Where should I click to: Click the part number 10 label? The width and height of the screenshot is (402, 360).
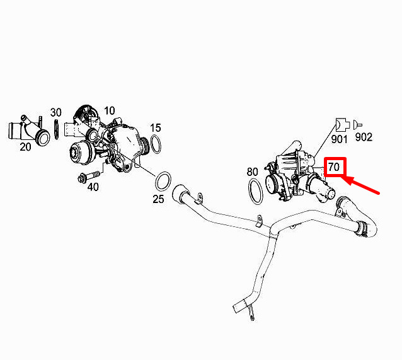[110, 111]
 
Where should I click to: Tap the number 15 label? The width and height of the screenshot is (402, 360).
[156, 128]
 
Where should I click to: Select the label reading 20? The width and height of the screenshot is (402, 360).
[25, 147]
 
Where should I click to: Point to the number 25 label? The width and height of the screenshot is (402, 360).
[158, 199]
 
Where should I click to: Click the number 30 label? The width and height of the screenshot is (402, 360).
[56, 112]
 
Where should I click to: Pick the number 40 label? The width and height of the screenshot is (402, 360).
[93, 187]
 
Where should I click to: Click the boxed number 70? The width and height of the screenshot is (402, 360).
[335, 167]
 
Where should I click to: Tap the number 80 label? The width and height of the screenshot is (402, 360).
[252, 172]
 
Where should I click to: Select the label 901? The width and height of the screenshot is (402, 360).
[339, 139]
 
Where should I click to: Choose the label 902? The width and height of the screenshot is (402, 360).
[364, 137]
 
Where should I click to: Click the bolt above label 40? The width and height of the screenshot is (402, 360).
[88, 176]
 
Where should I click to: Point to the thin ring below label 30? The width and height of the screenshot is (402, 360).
[56, 129]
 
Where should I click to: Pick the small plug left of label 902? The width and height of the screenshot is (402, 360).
[357, 125]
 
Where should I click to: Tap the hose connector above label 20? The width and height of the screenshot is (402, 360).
[29, 131]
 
